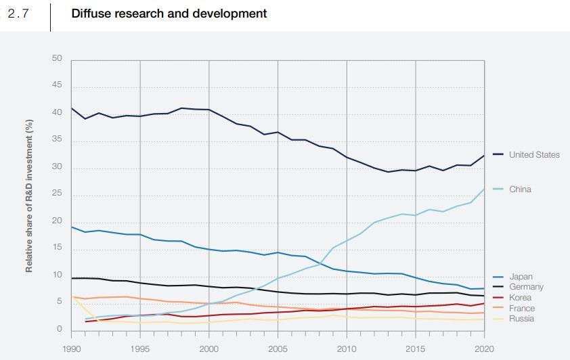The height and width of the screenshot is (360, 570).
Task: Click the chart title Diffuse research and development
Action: pos(169,14)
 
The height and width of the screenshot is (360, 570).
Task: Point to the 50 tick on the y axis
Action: pos(57,59)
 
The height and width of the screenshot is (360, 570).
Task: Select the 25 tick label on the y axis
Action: pos(57,195)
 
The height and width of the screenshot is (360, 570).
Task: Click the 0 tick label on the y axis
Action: pos(59,330)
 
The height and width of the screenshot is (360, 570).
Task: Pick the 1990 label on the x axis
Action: pos(71,348)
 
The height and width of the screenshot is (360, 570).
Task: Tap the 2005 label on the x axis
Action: pos(278,348)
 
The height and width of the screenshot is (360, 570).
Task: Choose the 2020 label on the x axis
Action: pos(484,348)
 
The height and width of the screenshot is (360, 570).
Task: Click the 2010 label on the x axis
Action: pos(347,348)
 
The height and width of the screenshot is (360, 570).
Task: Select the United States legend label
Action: pos(534,155)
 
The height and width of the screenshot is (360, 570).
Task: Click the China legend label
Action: pos(520,189)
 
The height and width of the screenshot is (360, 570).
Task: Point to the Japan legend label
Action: pos(521,277)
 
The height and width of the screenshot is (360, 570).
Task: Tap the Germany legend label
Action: pos(526,287)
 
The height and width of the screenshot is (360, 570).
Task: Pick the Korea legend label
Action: pos(521,298)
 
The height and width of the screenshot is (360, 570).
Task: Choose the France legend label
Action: pos(522,308)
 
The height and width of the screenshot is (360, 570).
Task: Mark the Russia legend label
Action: pos(522,318)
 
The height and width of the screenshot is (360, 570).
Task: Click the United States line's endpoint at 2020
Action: pos(484,156)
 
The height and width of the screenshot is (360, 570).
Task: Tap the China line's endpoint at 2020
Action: pos(484,189)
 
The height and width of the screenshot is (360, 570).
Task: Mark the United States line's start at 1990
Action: pos(72,108)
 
